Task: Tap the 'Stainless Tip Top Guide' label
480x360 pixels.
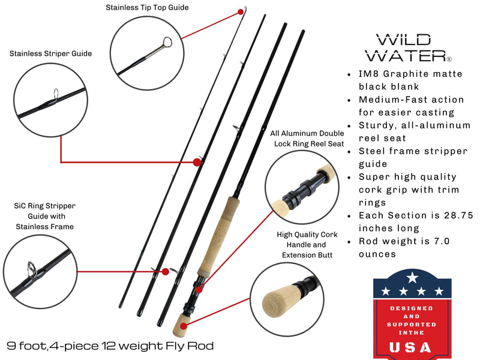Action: click(x=147, y=8)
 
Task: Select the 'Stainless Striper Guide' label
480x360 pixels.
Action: click(x=50, y=53)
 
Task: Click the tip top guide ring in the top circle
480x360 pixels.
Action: click(x=167, y=43)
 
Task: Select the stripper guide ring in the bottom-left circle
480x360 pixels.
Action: click(x=31, y=267)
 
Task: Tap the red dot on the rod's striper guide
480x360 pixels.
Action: click(x=196, y=162)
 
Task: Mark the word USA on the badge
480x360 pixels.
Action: click(x=410, y=347)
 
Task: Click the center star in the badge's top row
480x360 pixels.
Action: click(x=412, y=278)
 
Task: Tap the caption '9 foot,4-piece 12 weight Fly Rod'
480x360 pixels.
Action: click(x=110, y=346)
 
